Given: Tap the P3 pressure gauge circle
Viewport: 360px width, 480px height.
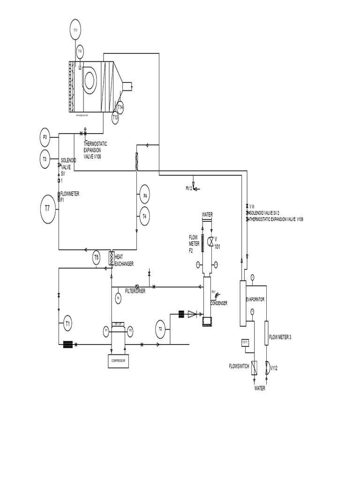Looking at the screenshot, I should point(45,137).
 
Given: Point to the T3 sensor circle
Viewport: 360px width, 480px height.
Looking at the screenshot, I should point(45,159).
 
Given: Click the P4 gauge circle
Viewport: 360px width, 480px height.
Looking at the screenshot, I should point(145,195).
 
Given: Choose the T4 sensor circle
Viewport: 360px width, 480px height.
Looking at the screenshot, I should point(145,216).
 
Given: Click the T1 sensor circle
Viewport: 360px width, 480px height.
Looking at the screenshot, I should point(68,323).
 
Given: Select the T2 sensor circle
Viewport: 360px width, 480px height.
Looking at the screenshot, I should point(160,329).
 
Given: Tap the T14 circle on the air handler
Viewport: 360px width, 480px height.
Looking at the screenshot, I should point(120,107).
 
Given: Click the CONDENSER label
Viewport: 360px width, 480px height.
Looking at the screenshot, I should point(218,303).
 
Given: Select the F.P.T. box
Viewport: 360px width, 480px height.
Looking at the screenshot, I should point(245,343).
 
